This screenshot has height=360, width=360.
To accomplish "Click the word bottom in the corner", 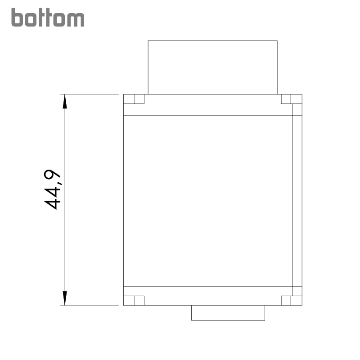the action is pos(48,18).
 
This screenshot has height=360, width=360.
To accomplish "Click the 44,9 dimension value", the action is pos(52,189).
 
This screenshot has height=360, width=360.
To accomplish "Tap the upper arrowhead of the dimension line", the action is pos(65,101).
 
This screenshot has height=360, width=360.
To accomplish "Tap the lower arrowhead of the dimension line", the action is pos(65,298).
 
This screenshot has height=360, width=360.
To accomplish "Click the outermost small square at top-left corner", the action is pos(129,99).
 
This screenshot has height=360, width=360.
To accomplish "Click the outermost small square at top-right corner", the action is pos(297,99).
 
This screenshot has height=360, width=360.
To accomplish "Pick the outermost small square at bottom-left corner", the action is pos(129,301).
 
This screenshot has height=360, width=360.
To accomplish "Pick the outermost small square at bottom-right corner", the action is pos(297,301).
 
